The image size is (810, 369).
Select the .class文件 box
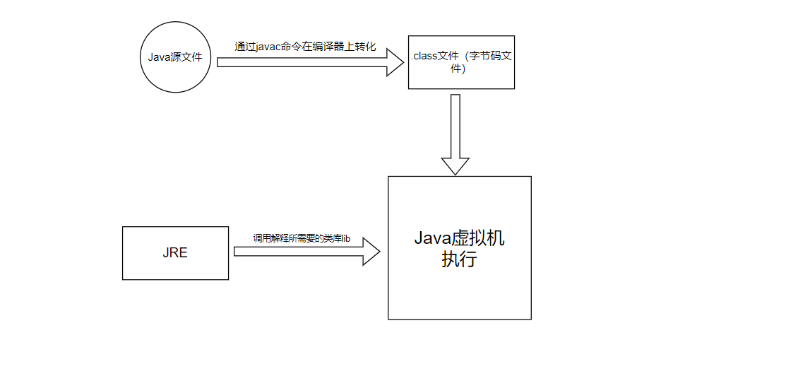461,62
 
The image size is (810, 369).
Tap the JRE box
175,253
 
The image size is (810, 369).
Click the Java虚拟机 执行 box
459,247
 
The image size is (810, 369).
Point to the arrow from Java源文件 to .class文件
304,62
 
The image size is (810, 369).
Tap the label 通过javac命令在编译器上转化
305,47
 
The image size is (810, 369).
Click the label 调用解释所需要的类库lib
302,239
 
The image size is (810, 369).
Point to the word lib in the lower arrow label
345,239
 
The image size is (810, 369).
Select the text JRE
175,253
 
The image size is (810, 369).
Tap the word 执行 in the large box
459,259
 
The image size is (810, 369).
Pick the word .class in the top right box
425,57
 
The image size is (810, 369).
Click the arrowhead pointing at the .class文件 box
393,62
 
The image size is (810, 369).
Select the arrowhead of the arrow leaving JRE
371,252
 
